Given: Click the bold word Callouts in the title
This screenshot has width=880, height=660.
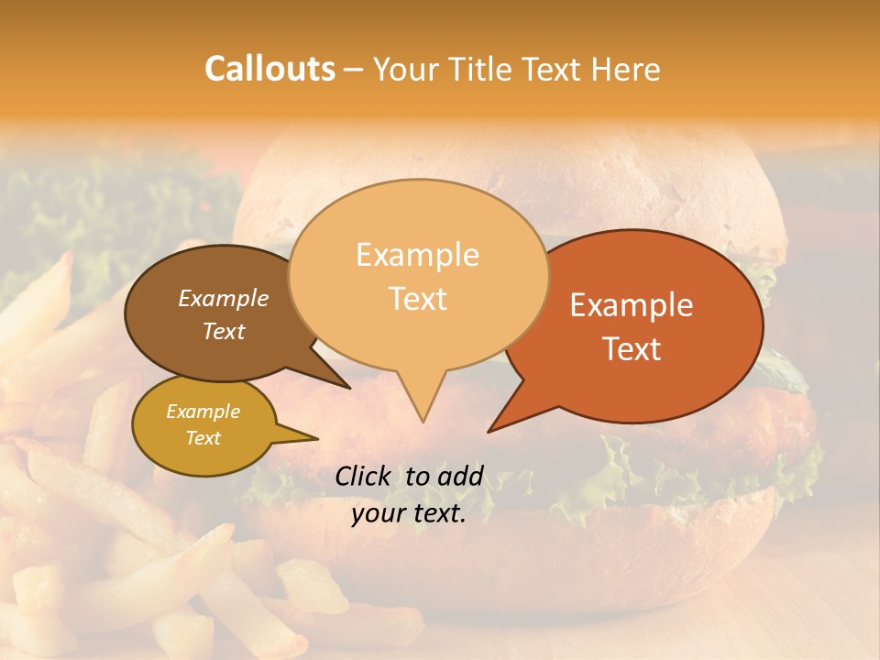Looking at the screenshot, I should pos(269,69).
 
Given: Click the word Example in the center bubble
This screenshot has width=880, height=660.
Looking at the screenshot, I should pos(417,255).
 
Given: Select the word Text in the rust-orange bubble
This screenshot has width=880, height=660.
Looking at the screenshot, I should pos(632,349).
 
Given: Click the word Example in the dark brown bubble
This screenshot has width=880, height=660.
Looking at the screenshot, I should pos(224,299).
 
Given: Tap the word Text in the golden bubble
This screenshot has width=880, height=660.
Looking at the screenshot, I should pos(203,438).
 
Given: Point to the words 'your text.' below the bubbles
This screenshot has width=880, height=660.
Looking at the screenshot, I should pos(409,513).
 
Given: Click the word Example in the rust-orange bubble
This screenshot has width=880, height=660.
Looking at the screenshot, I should pos(632,305).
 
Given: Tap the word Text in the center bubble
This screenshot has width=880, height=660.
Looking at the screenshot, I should pos(418,299).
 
